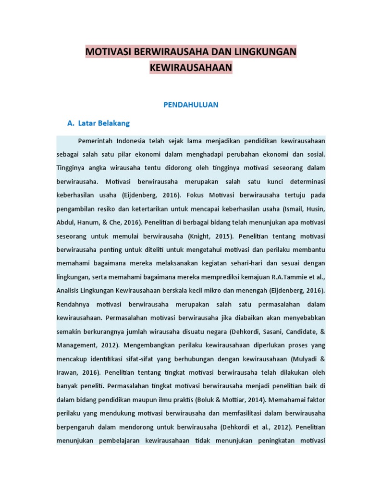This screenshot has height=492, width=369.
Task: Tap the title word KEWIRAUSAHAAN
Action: tap(191, 68)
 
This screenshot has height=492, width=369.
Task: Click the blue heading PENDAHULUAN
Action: tap(191, 105)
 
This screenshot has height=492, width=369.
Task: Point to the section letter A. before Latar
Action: tap(71, 123)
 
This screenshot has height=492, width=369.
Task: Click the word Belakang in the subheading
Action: tap(114, 123)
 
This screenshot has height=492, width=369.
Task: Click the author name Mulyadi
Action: tap(306, 358)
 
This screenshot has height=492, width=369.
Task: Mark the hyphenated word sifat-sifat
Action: tap(141, 358)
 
